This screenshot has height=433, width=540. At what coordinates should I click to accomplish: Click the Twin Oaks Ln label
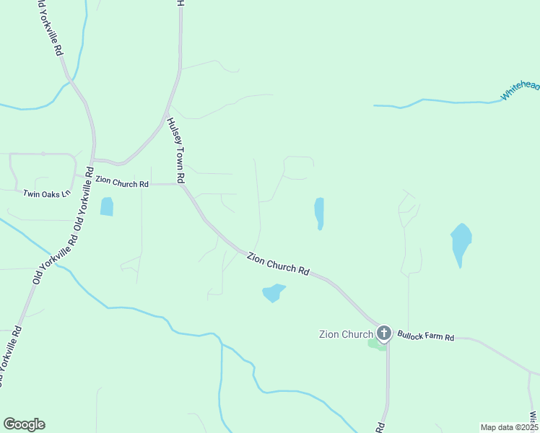tap(46, 193)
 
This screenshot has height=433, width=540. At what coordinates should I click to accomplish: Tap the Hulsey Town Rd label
tap(176, 150)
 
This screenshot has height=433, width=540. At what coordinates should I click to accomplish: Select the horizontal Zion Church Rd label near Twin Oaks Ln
tap(121, 183)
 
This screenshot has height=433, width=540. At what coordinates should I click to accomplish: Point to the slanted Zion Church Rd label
tap(278, 263)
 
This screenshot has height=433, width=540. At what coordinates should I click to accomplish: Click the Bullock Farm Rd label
tap(425, 336)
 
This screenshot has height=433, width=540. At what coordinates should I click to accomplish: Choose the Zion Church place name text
tap(346, 333)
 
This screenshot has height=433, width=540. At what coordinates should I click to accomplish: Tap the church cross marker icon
tap(384, 333)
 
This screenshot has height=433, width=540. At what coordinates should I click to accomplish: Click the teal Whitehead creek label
tap(520, 90)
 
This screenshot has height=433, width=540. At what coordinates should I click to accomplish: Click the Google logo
tap(24, 424)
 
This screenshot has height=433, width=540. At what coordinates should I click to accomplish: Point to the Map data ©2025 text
tap(510, 427)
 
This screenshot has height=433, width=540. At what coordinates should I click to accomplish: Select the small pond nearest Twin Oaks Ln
tap(107, 206)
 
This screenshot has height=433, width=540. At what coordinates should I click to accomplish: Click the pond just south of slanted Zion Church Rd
tap(273, 292)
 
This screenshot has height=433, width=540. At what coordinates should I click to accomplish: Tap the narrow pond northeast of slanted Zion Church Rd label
tap(319, 213)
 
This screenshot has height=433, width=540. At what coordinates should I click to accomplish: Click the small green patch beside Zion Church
tap(376, 344)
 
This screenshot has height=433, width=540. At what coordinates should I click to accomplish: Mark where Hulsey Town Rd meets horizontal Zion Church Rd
tap(180, 185)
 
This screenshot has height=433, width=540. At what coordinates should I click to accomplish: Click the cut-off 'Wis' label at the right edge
tap(534, 417)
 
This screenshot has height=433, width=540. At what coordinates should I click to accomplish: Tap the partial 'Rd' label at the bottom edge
tap(380, 427)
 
